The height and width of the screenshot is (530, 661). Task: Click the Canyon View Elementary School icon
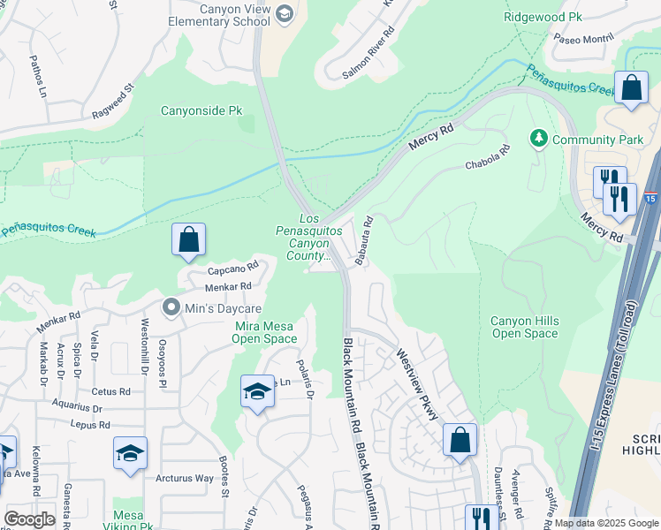pos(284,13)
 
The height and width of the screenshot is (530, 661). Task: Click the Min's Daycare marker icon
pos(171,308)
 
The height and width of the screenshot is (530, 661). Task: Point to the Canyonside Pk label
pos(201,111)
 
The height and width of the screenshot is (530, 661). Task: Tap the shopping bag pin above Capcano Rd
pos(188,239)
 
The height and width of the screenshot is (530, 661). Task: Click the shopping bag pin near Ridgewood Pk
pos(631,88)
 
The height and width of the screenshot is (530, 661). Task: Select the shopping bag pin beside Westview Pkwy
pos(460,440)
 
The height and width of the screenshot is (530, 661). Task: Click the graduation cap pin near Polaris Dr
pos(257,391)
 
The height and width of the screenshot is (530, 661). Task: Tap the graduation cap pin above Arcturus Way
pos(130,453)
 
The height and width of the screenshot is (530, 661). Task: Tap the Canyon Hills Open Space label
pos(525,327)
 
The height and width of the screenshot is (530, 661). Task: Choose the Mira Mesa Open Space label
pos(265,332)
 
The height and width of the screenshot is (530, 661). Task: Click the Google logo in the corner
pos(30,519)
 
